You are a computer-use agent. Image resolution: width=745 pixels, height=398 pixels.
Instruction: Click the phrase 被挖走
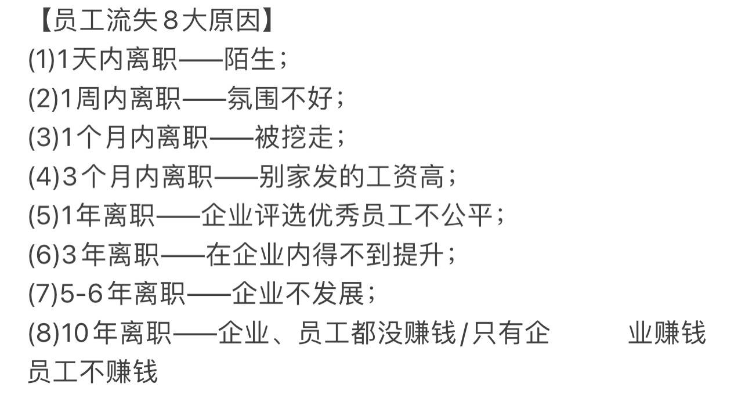coord(294,138)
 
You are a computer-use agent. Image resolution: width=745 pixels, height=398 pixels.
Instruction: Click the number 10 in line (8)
coord(74,334)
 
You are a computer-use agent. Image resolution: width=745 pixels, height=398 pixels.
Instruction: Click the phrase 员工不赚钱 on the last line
coord(93,372)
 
